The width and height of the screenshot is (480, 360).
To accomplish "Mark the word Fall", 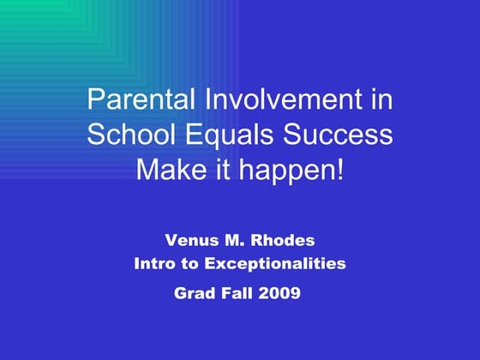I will click(237, 292).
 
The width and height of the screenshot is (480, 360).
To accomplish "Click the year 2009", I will click(279, 292).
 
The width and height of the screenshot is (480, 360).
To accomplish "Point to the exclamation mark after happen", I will click(340, 170).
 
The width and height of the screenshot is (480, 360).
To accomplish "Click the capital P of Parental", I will click(95, 100).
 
